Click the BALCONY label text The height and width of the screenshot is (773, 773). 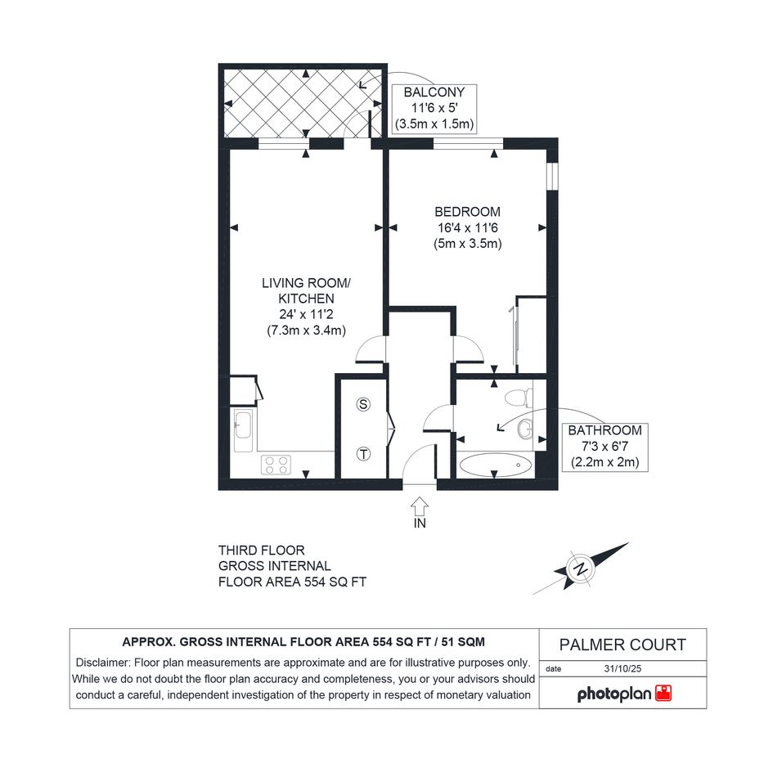pyautogui.click(x=434, y=92)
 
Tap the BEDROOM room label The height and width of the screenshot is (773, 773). pyautogui.click(x=467, y=212)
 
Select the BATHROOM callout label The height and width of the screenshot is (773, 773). pyautogui.click(x=604, y=430)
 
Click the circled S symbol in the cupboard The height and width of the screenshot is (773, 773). pyautogui.click(x=363, y=404)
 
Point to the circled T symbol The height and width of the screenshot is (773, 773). pyautogui.click(x=363, y=453)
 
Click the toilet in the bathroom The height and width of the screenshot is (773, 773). pyautogui.click(x=519, y=398)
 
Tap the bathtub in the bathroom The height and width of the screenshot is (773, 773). pyautogui.click(x=496, y=465)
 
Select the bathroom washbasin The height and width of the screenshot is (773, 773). pyautogui.click(x=525, y=429)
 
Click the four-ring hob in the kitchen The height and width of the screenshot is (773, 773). pyautogui.click(x=276, y=465)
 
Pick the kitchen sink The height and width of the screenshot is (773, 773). pyautogui.click(x=243, y=430)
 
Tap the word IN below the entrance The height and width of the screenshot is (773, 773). pyautogui.click(x=420, y=523)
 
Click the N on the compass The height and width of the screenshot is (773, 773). pyautogui.click(x=581, y=569)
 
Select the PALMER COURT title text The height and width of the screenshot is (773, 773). pyautogui.click(x=622, y=645)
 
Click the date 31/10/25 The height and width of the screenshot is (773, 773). pyautogui.click(x=622, y=669)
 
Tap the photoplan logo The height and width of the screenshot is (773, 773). pyautogui.click(x=624, y=694)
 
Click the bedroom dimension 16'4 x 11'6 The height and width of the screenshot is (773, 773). pyautogui.click(x=467, y=227)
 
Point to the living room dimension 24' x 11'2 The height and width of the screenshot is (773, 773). pyautogui.click(x=306, y=315)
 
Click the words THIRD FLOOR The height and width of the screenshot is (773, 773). pyautogui.click(x=261, y=551)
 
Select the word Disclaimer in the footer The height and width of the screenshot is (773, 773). pyautogui.click(x=102, y=663)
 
